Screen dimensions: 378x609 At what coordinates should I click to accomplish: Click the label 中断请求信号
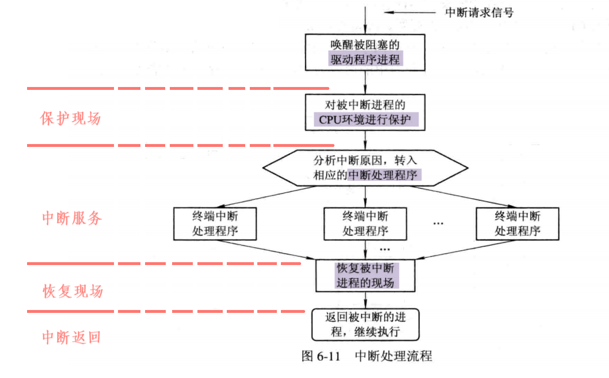(479, 12)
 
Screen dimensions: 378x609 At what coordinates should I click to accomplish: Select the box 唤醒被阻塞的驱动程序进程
(366, 51)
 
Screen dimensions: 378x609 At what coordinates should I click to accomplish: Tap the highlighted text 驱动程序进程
(366, 59)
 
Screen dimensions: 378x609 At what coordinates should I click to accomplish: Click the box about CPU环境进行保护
(366, 112)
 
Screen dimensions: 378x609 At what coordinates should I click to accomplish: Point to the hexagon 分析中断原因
(366, 167)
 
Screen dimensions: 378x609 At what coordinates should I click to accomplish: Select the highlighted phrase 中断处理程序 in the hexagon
(385, 175)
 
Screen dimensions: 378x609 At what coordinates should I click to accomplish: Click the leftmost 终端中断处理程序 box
(214, 224)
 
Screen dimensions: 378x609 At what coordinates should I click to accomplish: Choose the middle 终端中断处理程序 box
(366, 224)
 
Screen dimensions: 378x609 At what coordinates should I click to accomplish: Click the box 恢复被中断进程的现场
(366, 275)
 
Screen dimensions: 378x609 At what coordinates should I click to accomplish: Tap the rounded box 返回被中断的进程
(366, 324)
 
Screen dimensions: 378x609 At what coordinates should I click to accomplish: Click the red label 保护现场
(70, 119)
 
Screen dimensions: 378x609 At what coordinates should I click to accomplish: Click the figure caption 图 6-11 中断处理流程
(367, 356)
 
